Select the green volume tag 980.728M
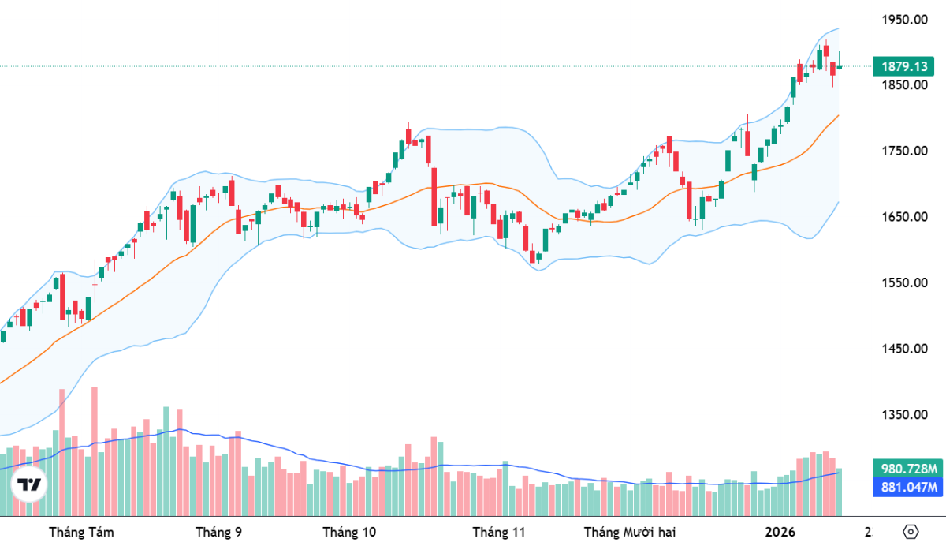pos(907,469)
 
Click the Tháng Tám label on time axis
pos(81,532)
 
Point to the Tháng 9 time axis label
pos(218,532)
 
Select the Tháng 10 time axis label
pos(349,532)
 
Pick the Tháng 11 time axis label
pos(498,532)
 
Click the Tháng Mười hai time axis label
pos(630,532)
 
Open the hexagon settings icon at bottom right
pos(911,531)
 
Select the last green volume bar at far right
pos(840,492)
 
